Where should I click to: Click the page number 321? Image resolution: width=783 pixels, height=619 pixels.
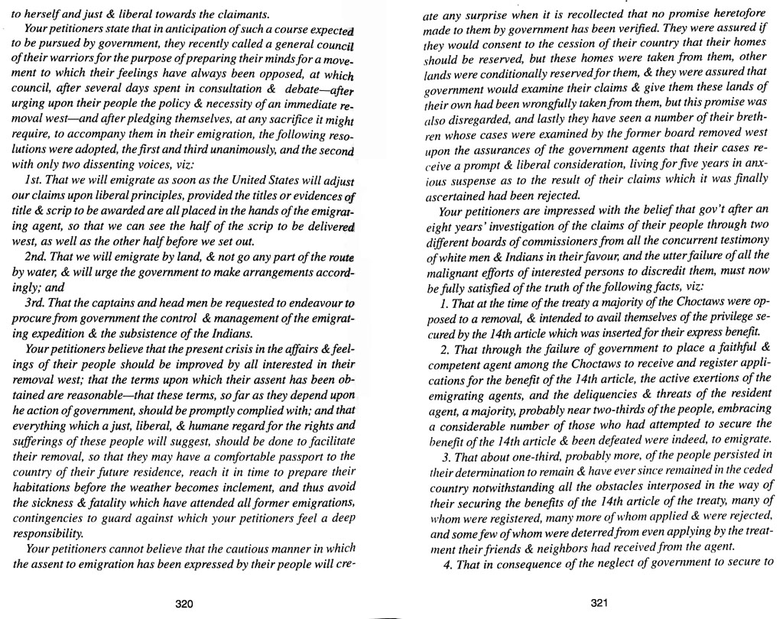tap(599, 602)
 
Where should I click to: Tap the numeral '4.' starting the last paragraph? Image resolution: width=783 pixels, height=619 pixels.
tap(448, 565)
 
